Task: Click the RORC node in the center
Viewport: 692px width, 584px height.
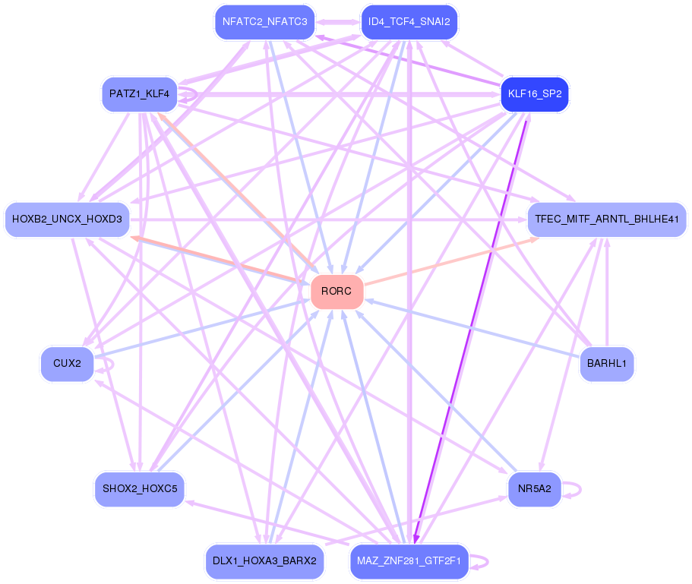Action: pos(337,292)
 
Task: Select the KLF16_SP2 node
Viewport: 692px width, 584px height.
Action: pos(535,95)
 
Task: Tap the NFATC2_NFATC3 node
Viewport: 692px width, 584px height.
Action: pos(264,22)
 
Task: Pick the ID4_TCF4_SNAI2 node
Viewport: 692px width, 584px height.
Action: pos(409,22)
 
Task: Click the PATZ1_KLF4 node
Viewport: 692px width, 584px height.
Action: pos(139,95)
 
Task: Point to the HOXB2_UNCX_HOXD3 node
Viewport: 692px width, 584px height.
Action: pos(68,219)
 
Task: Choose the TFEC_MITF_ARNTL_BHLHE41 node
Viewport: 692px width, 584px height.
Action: pos(606,219)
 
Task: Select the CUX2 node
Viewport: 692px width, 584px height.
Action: pos(68,364)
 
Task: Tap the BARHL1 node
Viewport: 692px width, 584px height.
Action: pos(606,364)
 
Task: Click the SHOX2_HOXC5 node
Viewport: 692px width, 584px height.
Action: pos(139,488)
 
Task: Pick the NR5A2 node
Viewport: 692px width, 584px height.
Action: pos(535,488)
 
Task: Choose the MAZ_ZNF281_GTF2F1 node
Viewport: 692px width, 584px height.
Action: pos(409,561)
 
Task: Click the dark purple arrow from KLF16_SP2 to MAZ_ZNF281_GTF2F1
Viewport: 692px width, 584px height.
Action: pos(471,327)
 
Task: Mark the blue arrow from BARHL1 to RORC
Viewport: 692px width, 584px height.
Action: pos(471,327)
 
